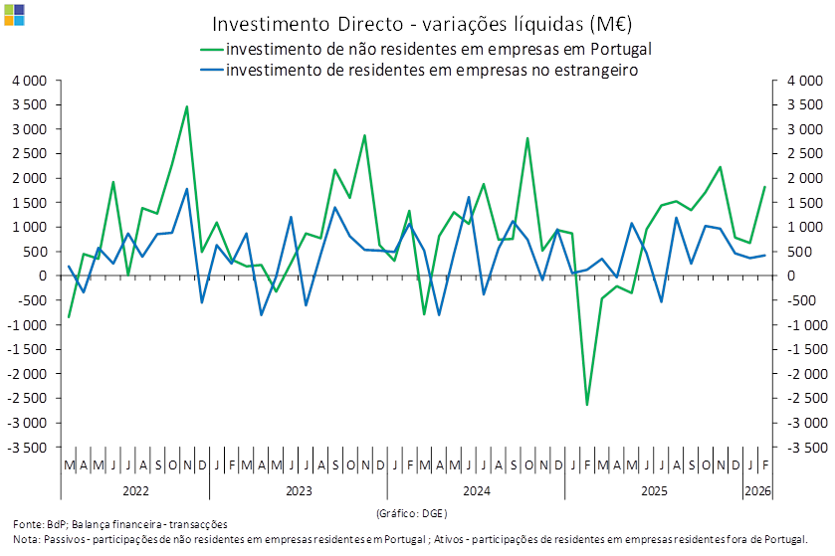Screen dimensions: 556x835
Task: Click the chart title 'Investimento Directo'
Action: pyautogui.click(x=422, y=23)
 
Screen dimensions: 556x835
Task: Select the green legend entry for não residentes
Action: pyautogui.click(x=438, y=49)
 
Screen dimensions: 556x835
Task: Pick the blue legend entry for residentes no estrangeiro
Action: pyautogui.click(x=431, y=71)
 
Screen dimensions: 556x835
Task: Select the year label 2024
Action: pyautogui.click(x=476, y=491)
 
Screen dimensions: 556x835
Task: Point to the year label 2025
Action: pyautogui.click(x=653, y=491)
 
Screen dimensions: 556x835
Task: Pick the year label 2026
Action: pyautogui.click(x=757, y=491)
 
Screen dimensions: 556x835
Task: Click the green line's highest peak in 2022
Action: pyautogui.click(x=186, y=106)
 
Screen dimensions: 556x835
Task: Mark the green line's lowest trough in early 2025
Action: pyautogui.click(x=587, y=404)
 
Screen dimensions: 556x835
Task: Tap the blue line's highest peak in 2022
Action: pyautogui.click(x=186, y=188)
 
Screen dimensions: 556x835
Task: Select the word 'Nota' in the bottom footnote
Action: pyautogui.click(x=26, y=539)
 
